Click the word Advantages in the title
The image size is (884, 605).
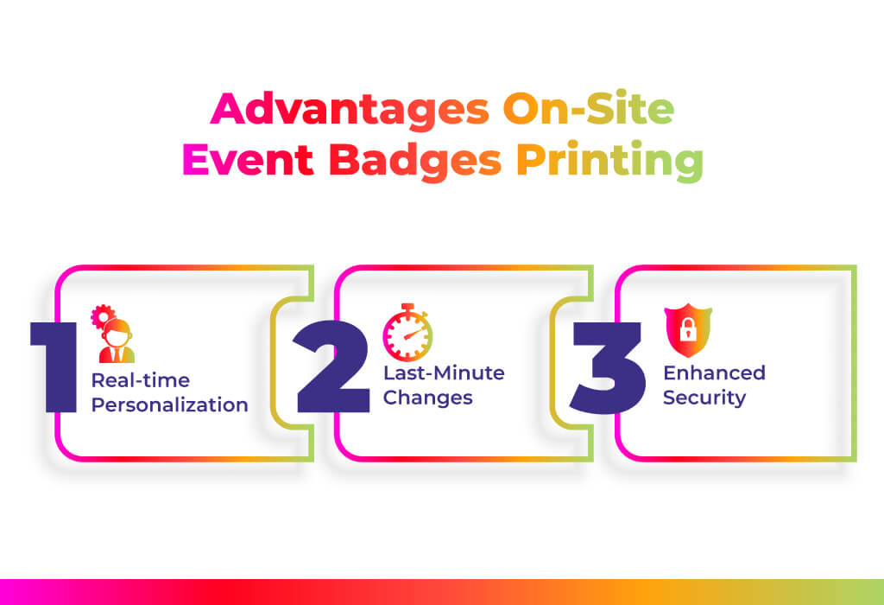click(350, 110)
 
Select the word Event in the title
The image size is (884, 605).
click(248, 160)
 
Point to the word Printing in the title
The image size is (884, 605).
click(610, 161)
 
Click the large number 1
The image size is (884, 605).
click(54, 366)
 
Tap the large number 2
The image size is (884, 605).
click(332, 366)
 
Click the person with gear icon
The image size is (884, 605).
click(113, 334)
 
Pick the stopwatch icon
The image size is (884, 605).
click(407, 333)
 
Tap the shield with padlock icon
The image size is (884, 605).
click(688, 330)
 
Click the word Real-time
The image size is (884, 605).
click(141, 380)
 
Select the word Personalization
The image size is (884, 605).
click(170, 404)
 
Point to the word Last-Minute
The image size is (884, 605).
click(444, 373)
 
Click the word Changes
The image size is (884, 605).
click(428, 398)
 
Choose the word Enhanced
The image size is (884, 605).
click(714, 373)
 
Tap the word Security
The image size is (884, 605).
click(704, 398)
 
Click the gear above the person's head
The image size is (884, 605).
click(102, 316)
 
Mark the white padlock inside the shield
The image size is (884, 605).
click(688, 329)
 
